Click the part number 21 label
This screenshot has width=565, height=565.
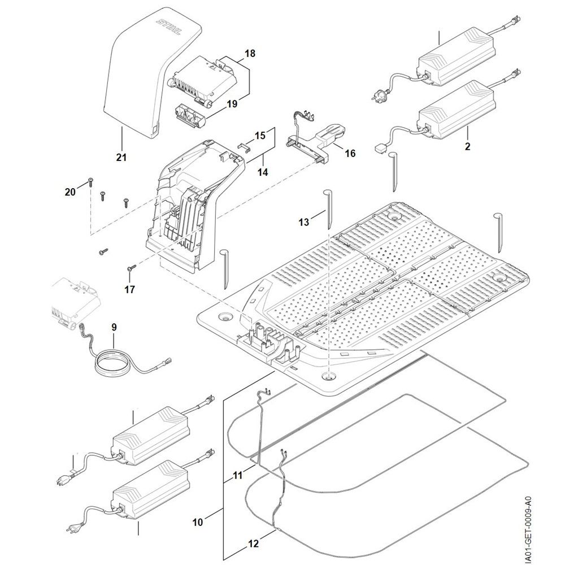click(121, 157)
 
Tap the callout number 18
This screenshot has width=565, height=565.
click(249, 54)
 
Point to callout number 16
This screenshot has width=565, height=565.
click(350, 153)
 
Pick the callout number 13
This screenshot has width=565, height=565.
click(305, 223)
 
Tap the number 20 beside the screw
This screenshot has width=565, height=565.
click(69, 192)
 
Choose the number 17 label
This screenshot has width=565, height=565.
click(130, 289)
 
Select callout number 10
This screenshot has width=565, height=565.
click(197, 523)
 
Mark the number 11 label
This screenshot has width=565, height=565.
click(253, 544)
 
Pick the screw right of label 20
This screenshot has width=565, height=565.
click(91, 182)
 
